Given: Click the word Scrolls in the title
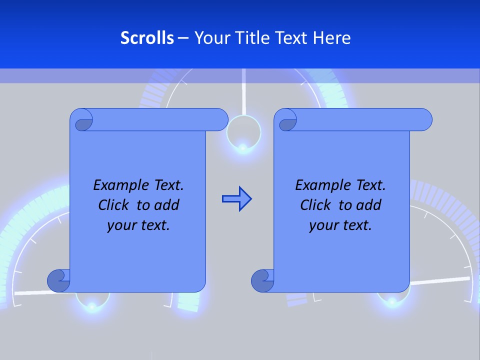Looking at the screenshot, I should click(147, 38).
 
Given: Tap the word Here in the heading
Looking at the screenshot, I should click(332, 38).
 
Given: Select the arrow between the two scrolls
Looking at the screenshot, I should click(236, 199).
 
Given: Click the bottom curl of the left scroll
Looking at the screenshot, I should click(59, 280).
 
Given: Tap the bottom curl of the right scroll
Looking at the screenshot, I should click(263, 280).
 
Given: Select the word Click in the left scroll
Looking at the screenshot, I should click(112, 205).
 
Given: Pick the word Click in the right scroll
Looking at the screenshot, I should click(315, 205).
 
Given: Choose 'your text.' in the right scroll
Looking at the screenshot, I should click(340, 225).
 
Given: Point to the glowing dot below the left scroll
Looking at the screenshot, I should click(92, 304).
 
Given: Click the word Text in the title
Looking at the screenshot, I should click(290, 38).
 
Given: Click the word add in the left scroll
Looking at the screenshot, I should click(166, 205).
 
